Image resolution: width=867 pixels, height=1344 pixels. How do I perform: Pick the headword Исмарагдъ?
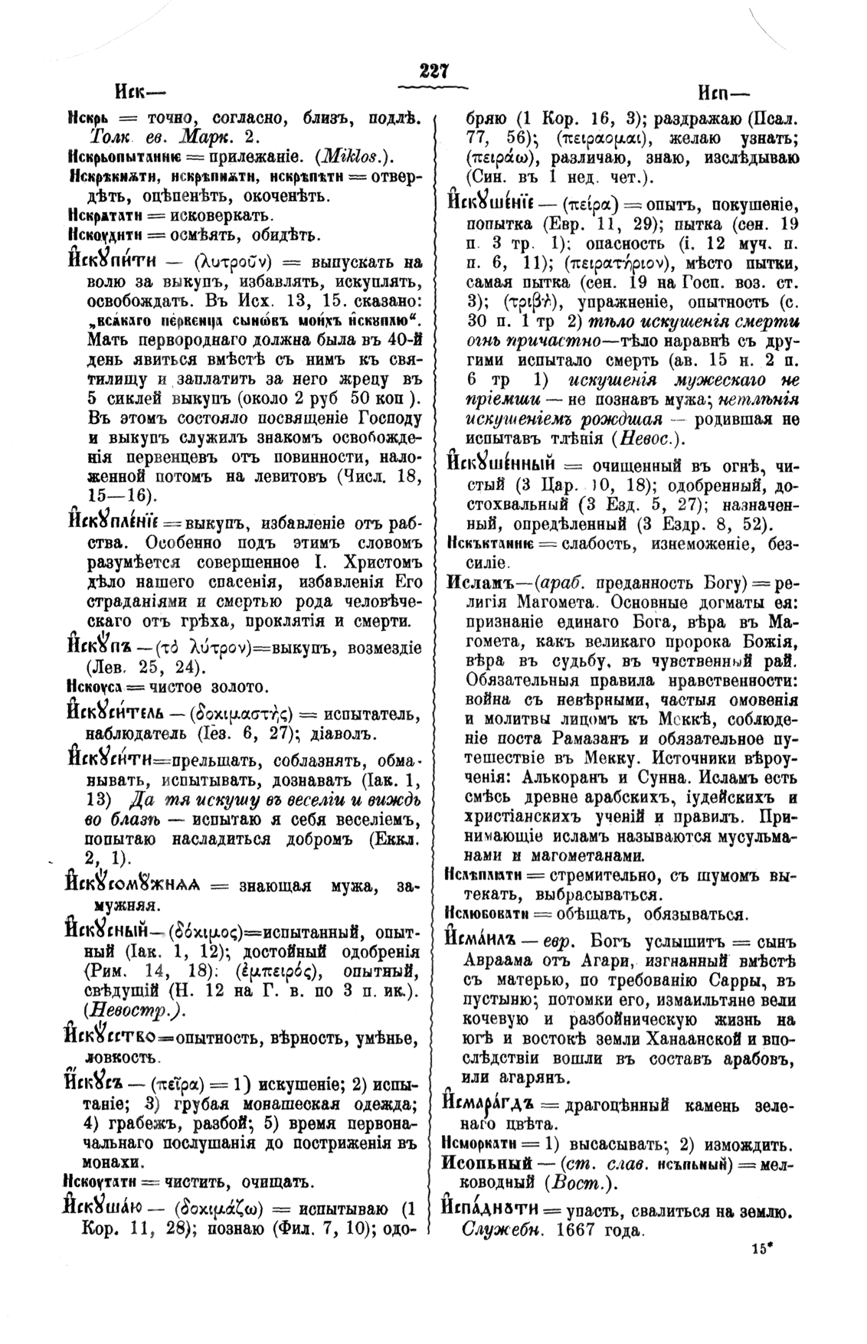490,1104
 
